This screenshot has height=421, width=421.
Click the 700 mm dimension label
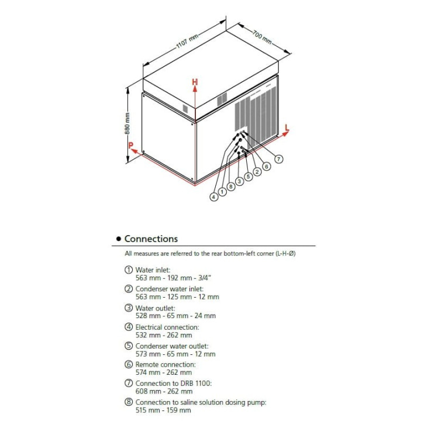click(262, 36)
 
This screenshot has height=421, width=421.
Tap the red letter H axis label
click(195, 82)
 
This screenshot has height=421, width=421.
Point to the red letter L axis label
click(287, 127)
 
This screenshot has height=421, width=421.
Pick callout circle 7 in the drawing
click(279, 158)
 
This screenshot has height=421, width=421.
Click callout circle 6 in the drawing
click(267, 166)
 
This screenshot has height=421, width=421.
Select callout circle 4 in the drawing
click(214, 197)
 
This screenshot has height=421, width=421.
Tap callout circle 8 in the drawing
click(230, 186)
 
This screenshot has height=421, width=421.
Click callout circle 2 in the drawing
click(257, 171)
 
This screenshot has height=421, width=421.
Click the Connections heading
click(151, 239)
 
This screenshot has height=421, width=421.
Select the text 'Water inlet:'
click(153, 270)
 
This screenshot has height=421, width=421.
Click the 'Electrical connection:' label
click(167, 327)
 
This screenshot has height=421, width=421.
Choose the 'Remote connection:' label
click(165, 364)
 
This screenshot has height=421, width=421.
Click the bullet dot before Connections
click(119, 239)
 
